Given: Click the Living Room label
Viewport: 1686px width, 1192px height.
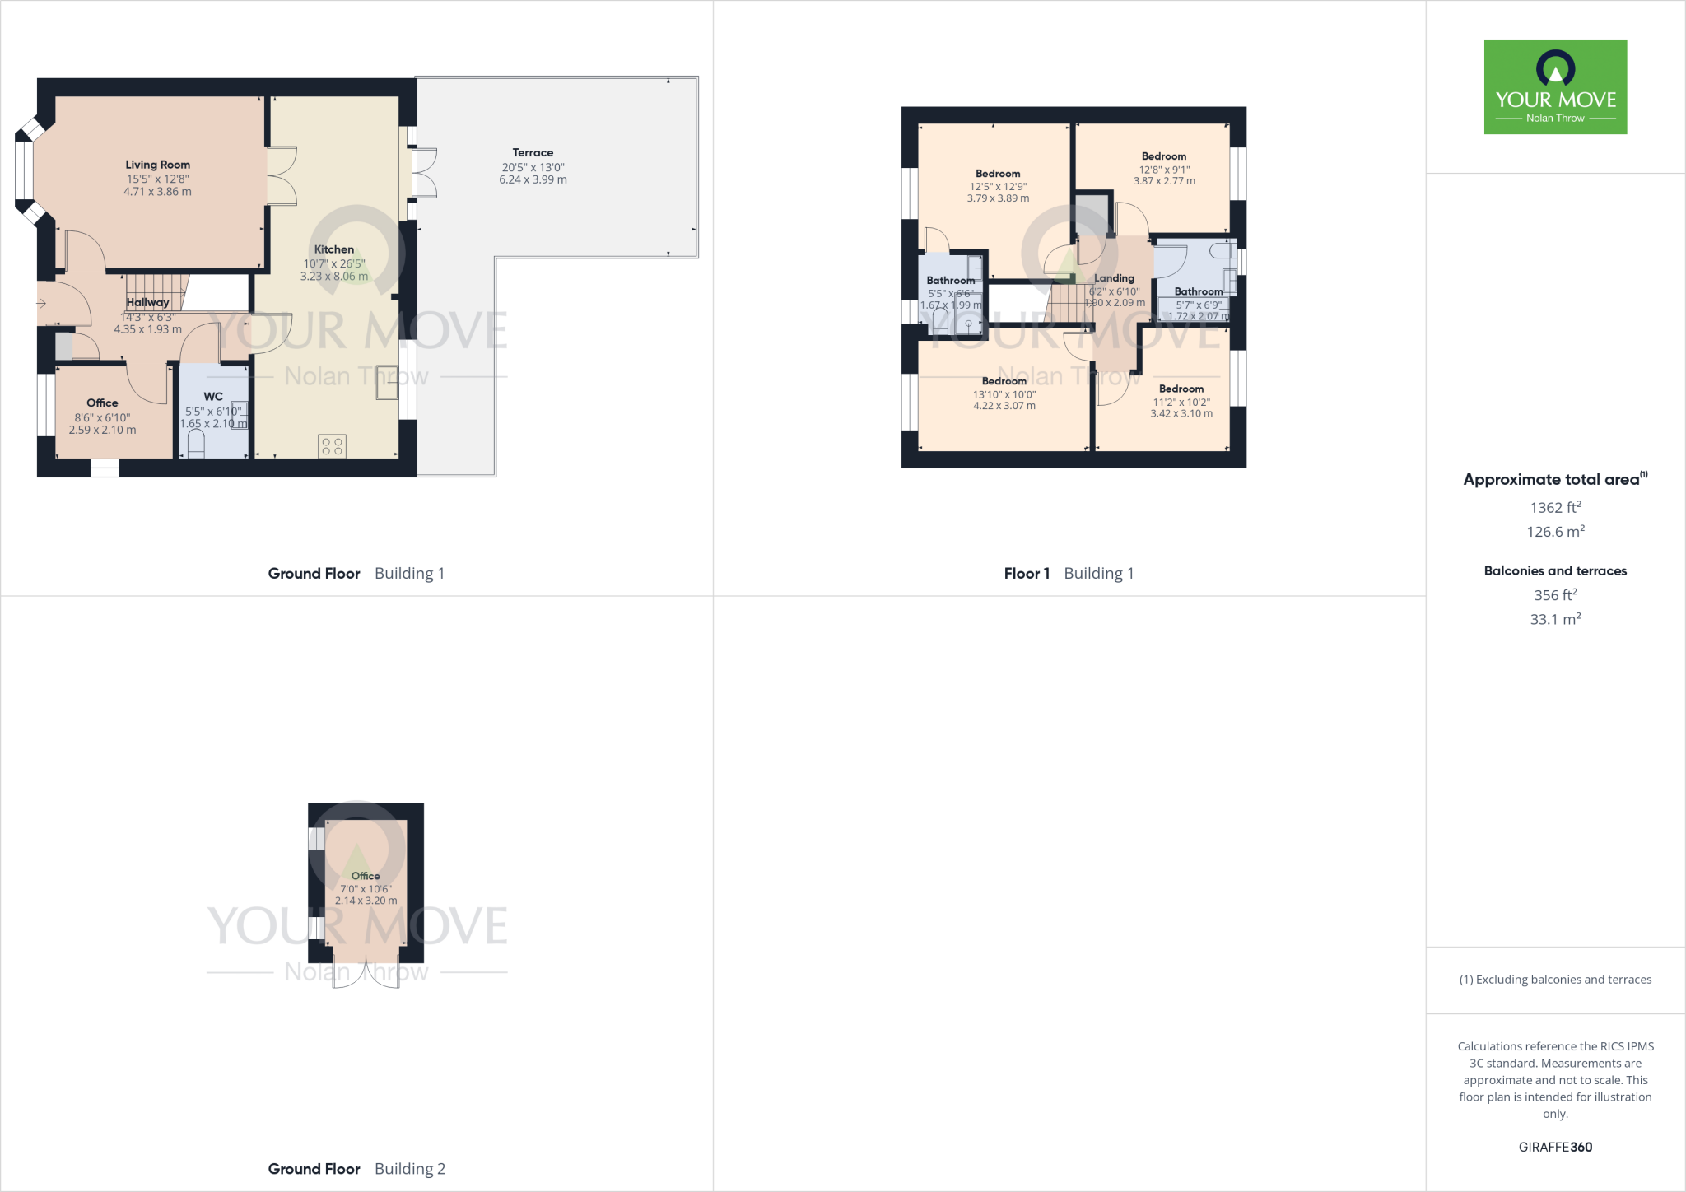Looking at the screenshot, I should coord(157,165).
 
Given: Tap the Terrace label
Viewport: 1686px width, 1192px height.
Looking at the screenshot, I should coord(533,152).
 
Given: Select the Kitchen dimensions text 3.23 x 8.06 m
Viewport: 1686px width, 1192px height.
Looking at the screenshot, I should coord(333,277).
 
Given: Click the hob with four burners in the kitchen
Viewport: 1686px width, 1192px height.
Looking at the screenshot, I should coord(333,446).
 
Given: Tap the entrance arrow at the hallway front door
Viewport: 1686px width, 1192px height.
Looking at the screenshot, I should coord(42,304).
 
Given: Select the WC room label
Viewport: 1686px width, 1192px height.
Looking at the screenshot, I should coord(213,396).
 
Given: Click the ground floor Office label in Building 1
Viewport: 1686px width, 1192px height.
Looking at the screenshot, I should coord(102,403).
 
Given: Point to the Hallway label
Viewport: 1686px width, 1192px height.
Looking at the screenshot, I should coord(147,302).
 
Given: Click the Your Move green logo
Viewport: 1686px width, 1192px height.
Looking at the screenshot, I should coord(1555,86).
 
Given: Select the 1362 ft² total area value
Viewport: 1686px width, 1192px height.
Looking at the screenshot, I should coord(1555,508).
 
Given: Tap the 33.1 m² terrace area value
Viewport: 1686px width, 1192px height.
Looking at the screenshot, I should coord(1555,619).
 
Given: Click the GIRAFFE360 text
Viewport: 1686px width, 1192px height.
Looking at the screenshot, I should coord(1555,1147).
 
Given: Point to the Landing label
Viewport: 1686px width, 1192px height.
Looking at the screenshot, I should coord(1114,278).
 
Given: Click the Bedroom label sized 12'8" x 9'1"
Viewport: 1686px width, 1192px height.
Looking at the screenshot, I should coord(1164,156).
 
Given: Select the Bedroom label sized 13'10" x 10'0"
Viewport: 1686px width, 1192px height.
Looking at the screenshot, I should coord(1004,381).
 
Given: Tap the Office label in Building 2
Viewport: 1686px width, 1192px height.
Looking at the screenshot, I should coord(366,876).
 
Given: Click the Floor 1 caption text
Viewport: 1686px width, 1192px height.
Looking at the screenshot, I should coord(1027,574).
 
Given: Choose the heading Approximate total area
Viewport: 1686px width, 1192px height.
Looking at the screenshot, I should coord(1552,480).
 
